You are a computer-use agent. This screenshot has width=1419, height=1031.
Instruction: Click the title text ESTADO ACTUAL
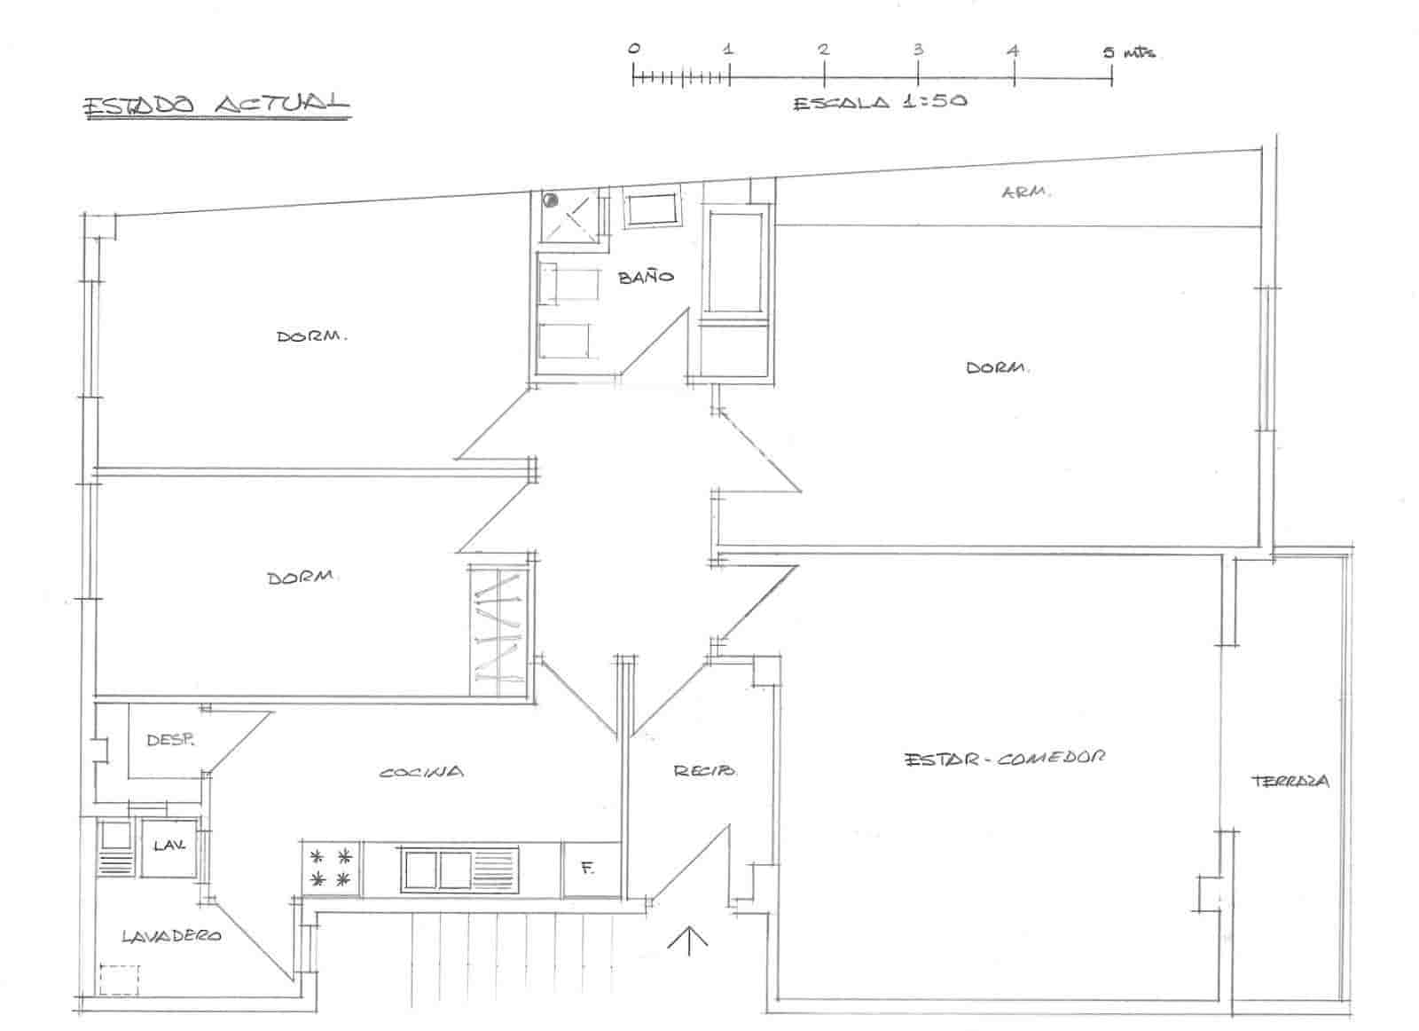pyautogui.click(x=216, y=104)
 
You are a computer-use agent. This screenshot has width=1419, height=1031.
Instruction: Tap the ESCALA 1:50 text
pyautogui.click(x=879, y=102)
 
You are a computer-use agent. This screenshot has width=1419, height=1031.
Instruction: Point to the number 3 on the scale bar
pyautogui.click(x=918, y=50)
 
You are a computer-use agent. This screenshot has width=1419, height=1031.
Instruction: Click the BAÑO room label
pyautogui.click(x=646, y=277)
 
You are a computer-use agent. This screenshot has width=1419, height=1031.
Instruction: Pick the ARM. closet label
pyautogui.click(x=1026, y=192)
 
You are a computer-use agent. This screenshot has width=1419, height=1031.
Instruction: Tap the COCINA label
pyautogui.click(x=421, y=772)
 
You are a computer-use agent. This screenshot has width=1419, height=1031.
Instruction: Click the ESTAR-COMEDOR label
pyautogui.click(x=1005, y=759)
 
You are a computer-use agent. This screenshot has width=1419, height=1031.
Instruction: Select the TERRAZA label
pyautogui.click(x=1290, y=782)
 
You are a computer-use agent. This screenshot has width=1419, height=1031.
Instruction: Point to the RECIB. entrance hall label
pyautogui.click(x=704, y=771)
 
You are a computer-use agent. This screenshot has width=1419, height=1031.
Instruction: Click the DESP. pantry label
pyautogui.click(x=170, y=739)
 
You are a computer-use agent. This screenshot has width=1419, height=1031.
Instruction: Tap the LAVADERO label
pyautogui.click(x=171, y=935)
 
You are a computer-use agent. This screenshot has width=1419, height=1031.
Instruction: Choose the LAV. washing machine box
pyautogui.click(x=168, y=847)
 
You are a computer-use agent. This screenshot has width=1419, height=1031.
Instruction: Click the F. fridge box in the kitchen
pyautogui.click(x=587, y=869)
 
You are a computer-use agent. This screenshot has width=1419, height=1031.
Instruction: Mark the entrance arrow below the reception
pyautogui.click(x=688, y=940)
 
